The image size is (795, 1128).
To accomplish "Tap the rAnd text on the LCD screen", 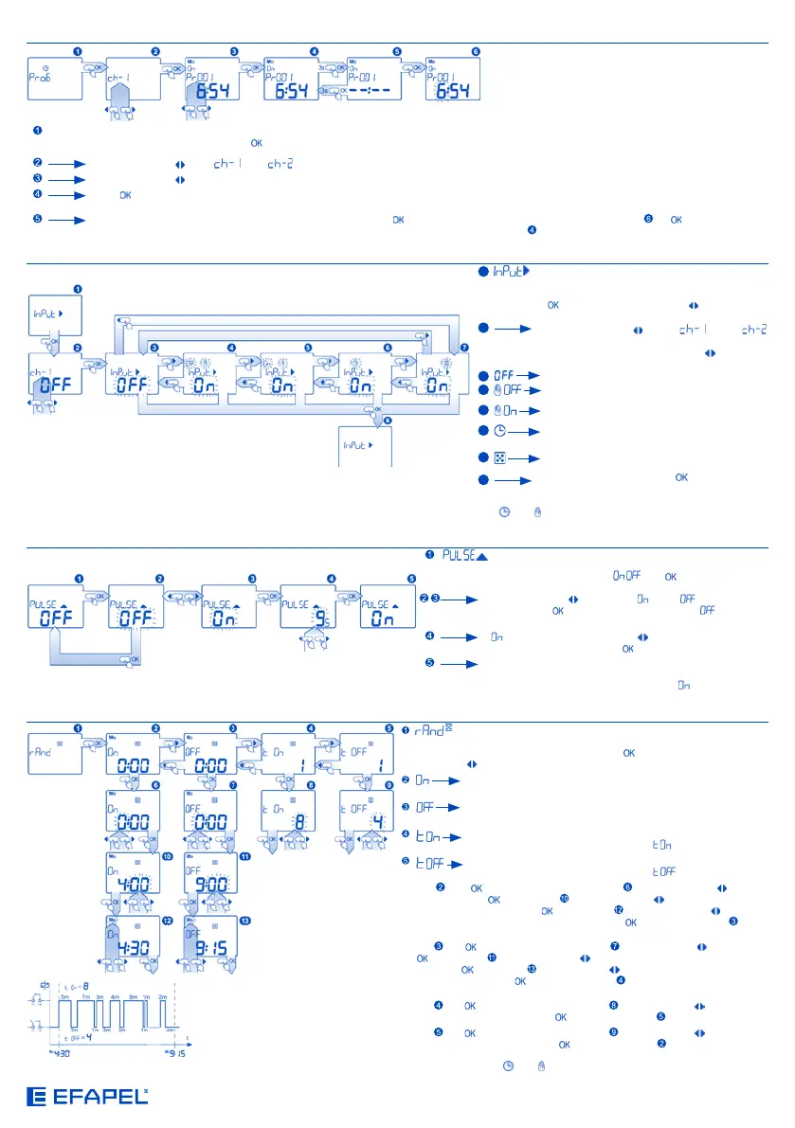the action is click(45, 745).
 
